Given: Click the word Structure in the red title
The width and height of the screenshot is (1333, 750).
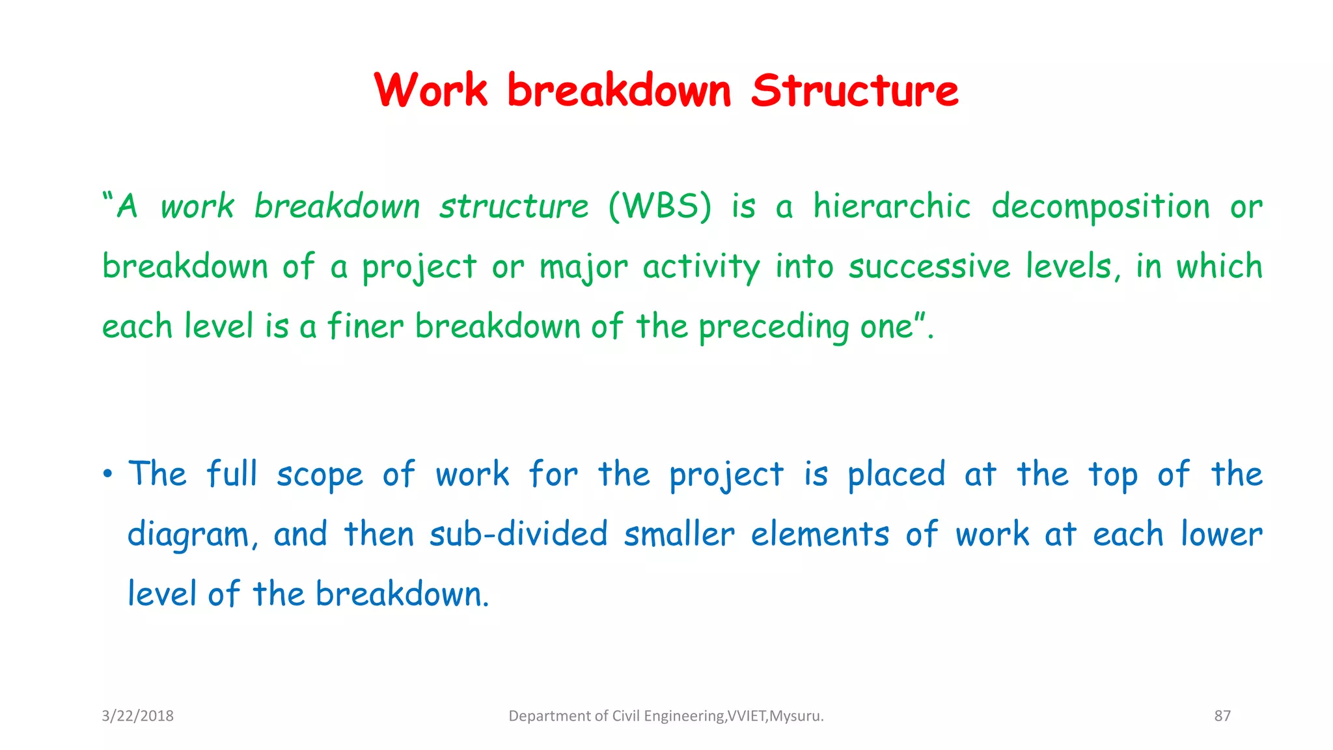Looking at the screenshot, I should click(x=854, y=91).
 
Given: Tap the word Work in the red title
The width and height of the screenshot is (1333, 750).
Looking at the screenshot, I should click(x=430, y=91).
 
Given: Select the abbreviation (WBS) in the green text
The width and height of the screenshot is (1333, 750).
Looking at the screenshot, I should click(x=660, y=207).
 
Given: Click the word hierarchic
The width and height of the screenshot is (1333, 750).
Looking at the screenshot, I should click(x=892, y=207).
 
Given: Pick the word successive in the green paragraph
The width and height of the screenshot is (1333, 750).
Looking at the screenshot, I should click(x=929, y=267).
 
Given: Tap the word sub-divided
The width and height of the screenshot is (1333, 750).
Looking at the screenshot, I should click(x=518, y=535).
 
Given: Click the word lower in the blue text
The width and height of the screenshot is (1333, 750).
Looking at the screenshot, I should click(x=1221, y=535).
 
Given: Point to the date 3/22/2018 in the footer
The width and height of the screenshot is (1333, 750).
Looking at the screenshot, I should click(x=137, y=716).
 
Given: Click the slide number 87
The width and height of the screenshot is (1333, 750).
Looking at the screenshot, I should click(x=1222, y=716).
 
